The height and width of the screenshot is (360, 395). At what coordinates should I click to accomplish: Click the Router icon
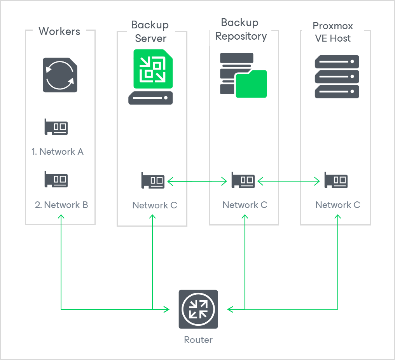(x=198, y=309)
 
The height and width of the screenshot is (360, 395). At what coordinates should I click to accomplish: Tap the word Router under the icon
(x=198, y=340)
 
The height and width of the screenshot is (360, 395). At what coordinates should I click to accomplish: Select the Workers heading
(x=59, y=31)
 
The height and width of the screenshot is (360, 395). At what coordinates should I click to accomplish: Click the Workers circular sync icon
(x=59, y=75)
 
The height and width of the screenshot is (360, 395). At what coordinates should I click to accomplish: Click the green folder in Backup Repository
(x=251, y=84)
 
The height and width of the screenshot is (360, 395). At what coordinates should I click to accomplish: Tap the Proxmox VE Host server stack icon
(x=336, y=77)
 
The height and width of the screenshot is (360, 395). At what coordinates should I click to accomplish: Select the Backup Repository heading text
(x=241, y=30)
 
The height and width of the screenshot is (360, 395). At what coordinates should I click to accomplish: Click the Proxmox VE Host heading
(x=332, y=32)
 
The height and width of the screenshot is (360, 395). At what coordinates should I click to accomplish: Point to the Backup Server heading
(x=150, y=31)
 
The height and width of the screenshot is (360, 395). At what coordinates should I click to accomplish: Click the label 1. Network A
(x=58, y=152)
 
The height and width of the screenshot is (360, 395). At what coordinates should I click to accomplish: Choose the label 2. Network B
(x=61, y=205)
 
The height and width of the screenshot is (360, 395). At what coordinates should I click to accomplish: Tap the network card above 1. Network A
(x=56, y=127)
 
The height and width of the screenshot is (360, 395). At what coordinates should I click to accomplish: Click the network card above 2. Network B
(x=56, y=179)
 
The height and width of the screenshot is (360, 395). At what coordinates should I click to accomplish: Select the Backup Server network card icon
(x=153, y=181)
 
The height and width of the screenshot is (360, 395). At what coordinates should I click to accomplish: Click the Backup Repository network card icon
(x=243, y=180)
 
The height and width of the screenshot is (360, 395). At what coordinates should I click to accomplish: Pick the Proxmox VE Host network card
(x=336, y=180)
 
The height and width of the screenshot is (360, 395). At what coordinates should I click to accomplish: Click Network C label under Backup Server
(x=155, y=205)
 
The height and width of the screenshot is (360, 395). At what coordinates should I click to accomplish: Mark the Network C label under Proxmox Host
(x=337, y=205)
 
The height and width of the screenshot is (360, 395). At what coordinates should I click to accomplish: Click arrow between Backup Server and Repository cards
(x=197, y=181)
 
